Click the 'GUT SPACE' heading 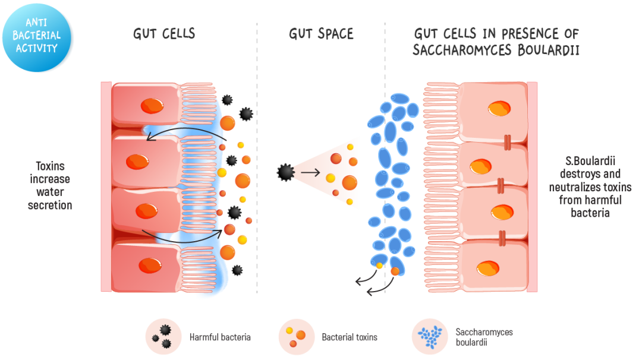(321, 34)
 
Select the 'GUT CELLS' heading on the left (164, 34)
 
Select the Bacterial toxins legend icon (296, 336)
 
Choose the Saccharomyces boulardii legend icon (430, 336)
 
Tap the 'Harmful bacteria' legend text (220, 337)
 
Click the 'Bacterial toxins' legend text (350, 337)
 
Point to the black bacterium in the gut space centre (286, 172)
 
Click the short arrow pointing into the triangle (310, 173)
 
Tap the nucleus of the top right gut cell (499, 109)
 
